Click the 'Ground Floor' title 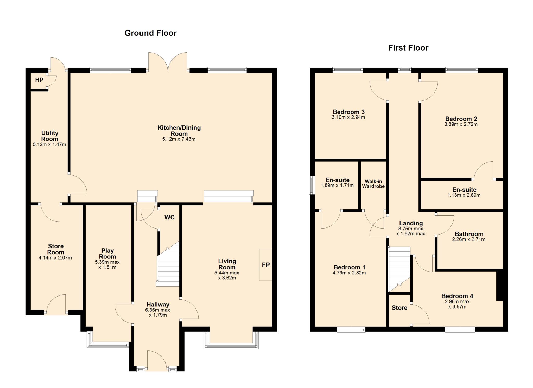150,33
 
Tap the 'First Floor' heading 408,48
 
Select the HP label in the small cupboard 39,80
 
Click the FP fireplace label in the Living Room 266,265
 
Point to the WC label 169,217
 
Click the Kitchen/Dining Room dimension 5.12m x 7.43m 179,139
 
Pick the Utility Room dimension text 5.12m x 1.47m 49,144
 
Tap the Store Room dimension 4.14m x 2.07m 55,258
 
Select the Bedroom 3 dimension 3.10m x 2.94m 348,117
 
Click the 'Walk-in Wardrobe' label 373,184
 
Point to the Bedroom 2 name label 461,119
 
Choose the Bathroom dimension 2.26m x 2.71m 469,239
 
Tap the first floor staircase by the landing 399,269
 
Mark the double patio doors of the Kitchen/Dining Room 168,62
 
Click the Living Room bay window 231,340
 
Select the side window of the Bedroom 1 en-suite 312,185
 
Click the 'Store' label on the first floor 399,308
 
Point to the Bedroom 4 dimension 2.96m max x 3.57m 457,304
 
